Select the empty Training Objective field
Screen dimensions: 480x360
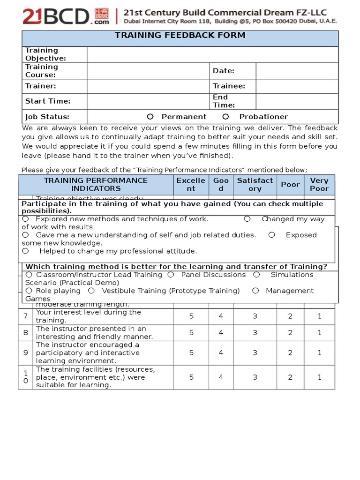pos(212,54)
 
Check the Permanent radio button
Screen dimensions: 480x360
pos(150,117)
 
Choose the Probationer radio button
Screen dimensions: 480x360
pos(225,117)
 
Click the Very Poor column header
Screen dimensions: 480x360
pos(319,185)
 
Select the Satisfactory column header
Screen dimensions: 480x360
pos(255,185)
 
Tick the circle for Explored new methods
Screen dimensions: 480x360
pos(25,219)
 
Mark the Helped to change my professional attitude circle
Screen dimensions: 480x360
pos(25,251)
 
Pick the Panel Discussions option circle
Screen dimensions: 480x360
pos(171,275)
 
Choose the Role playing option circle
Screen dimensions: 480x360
pos(29,291)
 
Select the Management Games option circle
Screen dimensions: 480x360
pos(255,291)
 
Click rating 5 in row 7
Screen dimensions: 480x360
pos(191,316)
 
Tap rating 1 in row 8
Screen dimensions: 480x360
pos(319,333)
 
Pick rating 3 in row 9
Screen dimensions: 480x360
pos(255,353)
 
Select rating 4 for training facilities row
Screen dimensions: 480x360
pos(221,377)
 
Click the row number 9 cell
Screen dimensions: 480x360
pos(25,353)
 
